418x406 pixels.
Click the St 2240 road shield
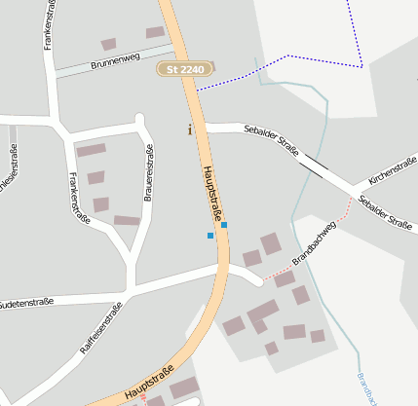[x=187, y=70]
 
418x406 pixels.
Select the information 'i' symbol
[x=190, y=129]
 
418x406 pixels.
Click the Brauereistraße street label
[x=149, y=182]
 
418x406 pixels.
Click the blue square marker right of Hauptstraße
[x=224, y=225]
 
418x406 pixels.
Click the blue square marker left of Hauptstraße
[x=209, y=236]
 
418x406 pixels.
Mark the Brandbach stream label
[x=365, y=387]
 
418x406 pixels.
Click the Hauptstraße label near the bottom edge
[x=149, y=384]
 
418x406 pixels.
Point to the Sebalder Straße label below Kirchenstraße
[x=386, y=212]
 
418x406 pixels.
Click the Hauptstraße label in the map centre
[x=213, y=194]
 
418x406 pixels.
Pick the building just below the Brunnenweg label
[x=108, y=44]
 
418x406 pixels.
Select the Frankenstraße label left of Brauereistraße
[x=80, y=199]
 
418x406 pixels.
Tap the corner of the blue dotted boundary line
[x=361, y=66]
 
